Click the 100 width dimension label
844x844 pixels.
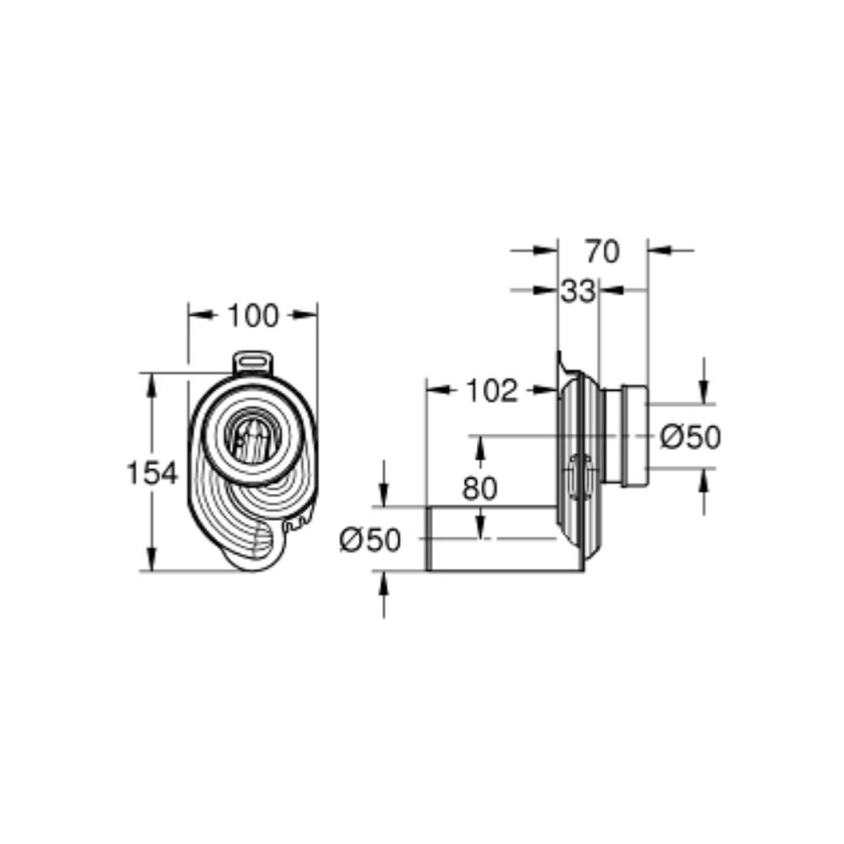tap(252, 316)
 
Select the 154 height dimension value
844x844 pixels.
tap(153, 473)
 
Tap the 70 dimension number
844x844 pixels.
tap(602, 251)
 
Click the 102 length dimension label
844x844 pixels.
tap(490, 391)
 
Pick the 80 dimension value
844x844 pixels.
tap(479, 488)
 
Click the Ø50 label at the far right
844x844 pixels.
tap(690, 436)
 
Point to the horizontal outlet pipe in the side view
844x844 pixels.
tap(490, 539)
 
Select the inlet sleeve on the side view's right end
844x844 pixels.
tap(634, 437)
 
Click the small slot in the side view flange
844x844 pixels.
tap(578, 477)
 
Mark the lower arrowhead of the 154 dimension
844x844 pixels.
tap(153, 560)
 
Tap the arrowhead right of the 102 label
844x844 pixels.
tap(545, 390)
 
